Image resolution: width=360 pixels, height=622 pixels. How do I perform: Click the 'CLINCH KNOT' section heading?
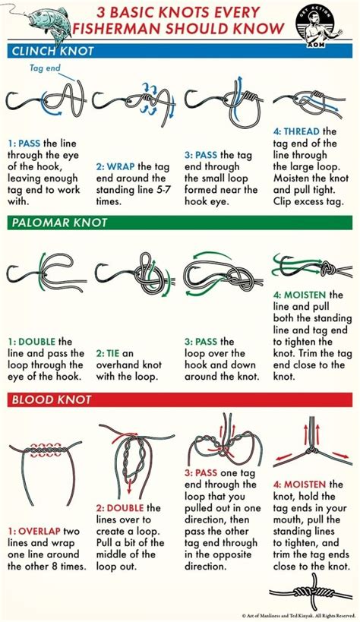click(x=53, y=51)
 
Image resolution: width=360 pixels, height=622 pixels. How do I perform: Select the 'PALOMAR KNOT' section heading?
click(x=59, y=223)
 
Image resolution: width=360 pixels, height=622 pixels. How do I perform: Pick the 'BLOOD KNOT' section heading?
click(x=52, y=399)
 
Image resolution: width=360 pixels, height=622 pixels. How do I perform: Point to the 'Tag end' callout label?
click(x=45, y=68)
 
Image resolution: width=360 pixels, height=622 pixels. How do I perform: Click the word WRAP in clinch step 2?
click(x=121, y=166)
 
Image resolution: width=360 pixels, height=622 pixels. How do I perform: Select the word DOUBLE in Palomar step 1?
click(x=37, y=342)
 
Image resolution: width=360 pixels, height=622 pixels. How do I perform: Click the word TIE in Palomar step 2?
click(x=113, y=353)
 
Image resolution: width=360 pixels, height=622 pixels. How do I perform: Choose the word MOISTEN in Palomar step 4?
click(x=305, y=295)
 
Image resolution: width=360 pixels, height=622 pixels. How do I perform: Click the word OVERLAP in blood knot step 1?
click(x=39, y=531)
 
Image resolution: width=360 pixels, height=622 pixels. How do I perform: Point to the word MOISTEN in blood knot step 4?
click(x=305, y=485)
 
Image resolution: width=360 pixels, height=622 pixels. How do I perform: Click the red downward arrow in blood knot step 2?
click(x=129, y=481)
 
